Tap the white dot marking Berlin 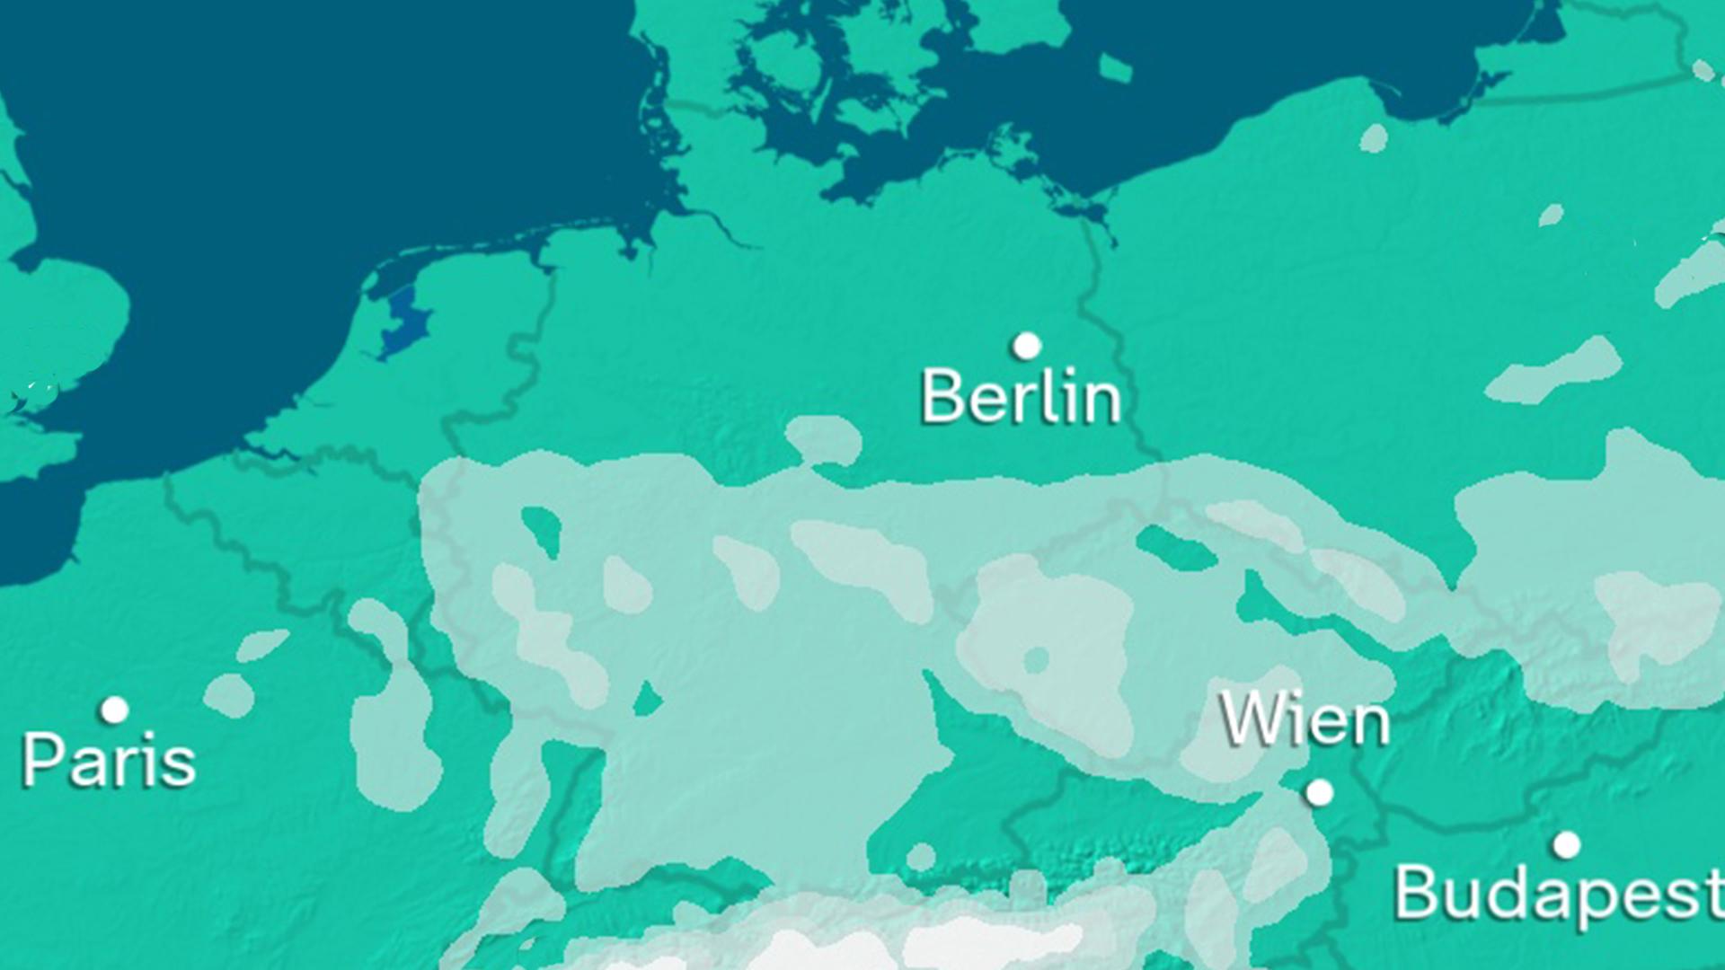pyautogui.click(x=1027, y=346)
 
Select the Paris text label pyautogui.click(x=109, y=760)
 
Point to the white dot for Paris pyautogui.click(x=114, y=710)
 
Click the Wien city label pyautogui.click(x=1305, y=720)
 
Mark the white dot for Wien pyautogui.click(x=1319, y=792)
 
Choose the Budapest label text pyautogui.click(x=1559, y=892)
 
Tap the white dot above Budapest pyautogui.click(x=1567, y=845)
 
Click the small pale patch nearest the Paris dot pyautogui.click(x=229, y=695)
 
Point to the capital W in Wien pyautogui.click(x=1250, y=719)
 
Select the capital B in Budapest pyautogui.click(x=1415, y=891)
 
